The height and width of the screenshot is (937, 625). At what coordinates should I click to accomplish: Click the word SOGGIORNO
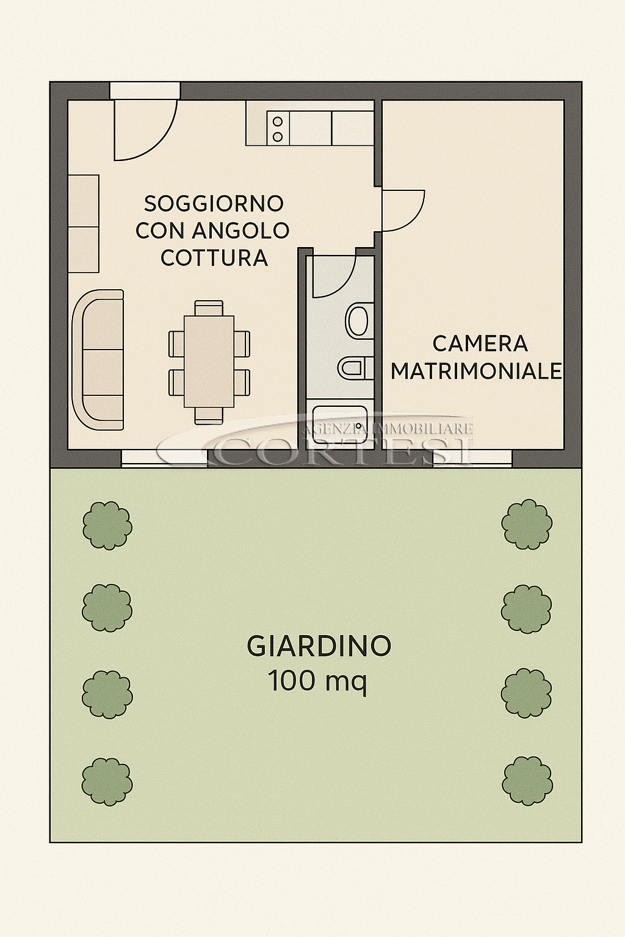[214, 204]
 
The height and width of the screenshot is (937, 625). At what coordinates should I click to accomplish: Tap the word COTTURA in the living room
[214, 258]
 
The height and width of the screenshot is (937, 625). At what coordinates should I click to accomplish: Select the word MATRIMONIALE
[477, 371]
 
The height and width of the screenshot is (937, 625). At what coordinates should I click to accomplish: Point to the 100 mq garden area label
[317, 681]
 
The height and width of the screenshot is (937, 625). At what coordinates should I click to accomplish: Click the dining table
[209, 361]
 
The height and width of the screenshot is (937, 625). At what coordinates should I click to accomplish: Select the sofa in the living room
[98, 360]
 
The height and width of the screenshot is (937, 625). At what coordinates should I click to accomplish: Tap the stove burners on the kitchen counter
[278, 129]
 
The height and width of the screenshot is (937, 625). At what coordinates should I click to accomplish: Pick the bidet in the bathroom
[354, 367]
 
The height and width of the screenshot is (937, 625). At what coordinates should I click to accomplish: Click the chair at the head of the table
[209, 308]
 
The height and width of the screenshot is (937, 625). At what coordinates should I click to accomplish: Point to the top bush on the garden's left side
[107, 526]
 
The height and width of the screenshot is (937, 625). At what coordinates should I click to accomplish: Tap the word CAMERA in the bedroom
[480, 344]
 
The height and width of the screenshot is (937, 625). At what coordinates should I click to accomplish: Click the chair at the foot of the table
[209, 415]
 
